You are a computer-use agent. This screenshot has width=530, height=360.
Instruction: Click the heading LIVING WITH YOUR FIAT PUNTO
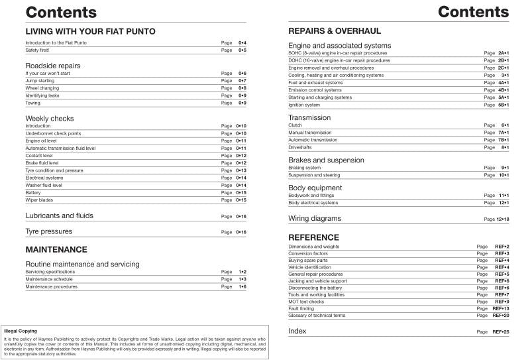[x=90, y=31]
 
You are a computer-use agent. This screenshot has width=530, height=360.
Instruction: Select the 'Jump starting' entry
[x=40, y=80]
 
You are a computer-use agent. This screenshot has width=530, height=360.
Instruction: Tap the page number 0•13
[x=242, y=170]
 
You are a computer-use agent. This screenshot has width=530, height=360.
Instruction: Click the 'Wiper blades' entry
[x=39, y=200]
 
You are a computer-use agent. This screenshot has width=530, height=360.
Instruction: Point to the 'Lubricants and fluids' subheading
[x=59, y=215]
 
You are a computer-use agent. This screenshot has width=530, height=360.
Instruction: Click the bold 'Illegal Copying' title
[x=21, y=331]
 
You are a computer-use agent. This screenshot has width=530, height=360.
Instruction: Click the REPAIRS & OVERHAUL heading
[x=335, y=31]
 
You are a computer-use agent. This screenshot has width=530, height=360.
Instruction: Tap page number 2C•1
[x=503, y=68]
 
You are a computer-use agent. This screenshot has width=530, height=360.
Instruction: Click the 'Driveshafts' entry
[x=301, y=147]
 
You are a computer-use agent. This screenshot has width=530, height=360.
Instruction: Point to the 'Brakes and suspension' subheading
[x=326, y=160]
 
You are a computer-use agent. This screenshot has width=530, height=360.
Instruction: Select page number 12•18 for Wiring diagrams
[x=502, y=219]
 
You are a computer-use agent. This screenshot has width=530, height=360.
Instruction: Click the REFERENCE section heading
[x=313, y=237]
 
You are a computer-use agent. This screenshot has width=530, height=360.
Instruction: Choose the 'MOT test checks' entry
[x=306, y=302]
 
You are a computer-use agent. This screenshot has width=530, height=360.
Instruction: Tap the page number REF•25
[x=501, y=331]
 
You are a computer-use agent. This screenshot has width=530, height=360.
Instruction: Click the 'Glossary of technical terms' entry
[x=317, y=316]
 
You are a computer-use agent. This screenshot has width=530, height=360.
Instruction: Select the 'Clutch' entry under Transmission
[x=295, y=125]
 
